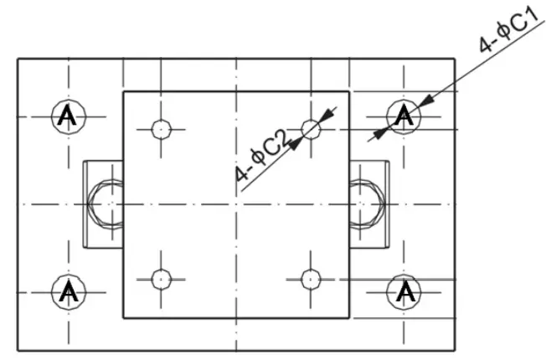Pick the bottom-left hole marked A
(68, 291)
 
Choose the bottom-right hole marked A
(404, 291)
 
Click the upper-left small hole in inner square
(161, 129)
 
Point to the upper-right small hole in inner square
(312, 129)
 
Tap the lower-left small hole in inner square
(161, 278)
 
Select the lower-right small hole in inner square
(312, 278)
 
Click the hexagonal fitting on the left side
(106, 204)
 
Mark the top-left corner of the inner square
(124, 91)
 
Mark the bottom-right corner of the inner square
(348, 318)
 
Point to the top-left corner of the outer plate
(18, 58)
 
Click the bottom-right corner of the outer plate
(455, 351)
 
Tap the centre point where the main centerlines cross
(236, 204)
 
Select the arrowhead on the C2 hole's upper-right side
(327, 114)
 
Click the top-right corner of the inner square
(348, 91)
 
